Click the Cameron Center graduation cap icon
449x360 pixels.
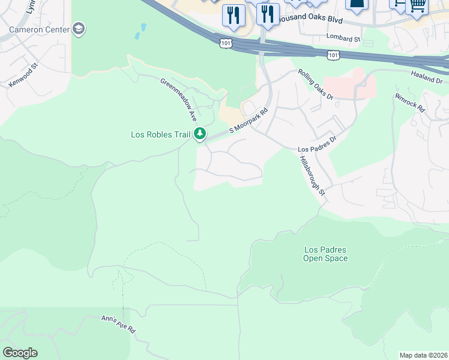[x=79, y=28]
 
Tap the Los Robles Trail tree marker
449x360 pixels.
[x=200, y=134]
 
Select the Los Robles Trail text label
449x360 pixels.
[x=160, y=134]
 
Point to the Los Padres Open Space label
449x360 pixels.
[x=326, y=254]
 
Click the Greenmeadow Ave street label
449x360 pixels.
[x=178, y=100]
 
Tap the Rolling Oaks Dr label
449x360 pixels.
[x=316, y=84]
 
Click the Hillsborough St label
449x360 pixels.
[x=313, y=175]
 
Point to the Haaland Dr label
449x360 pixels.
[x=427, y=76]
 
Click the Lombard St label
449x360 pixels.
[x=343, y=38]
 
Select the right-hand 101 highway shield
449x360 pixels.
[x=334, y=55]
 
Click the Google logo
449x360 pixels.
[x=20, y=353]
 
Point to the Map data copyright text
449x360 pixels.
[x=423, y=355]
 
